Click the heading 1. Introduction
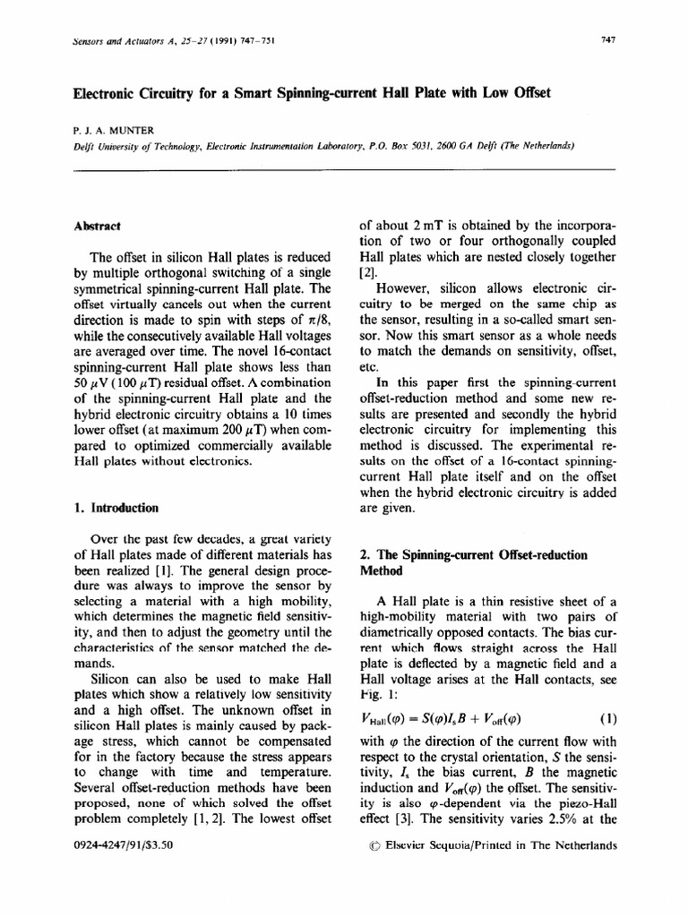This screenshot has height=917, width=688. click(116, 508)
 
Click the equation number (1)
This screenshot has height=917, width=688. click(606, 716)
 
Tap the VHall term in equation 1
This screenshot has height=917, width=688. click(380, 717)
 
